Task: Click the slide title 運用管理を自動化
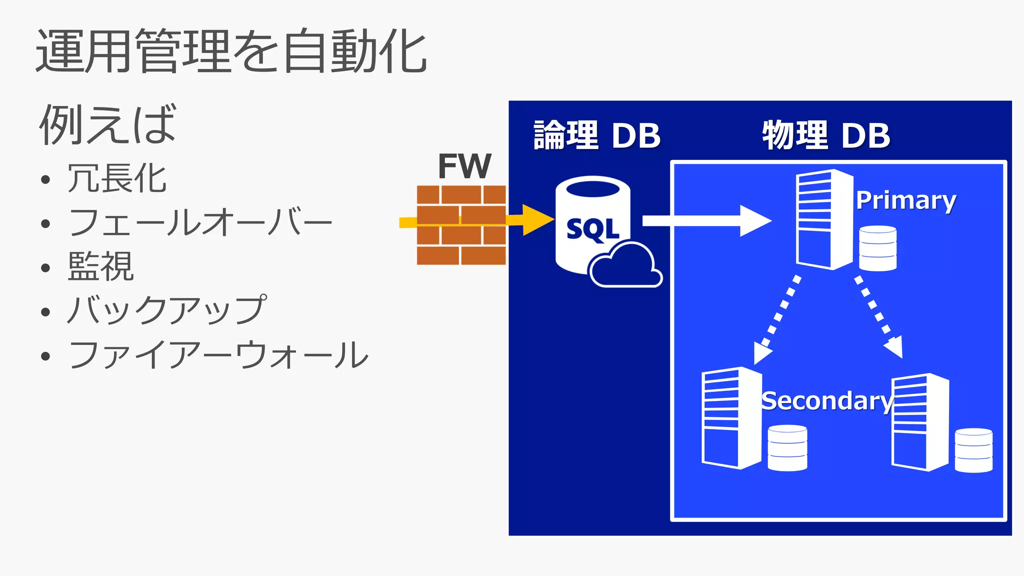(x=231, y=51)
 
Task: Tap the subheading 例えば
(x=107, y=125)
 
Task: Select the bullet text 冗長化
(x=117, y=178)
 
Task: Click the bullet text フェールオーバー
(x=200, y=222)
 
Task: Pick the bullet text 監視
(x=101, y=266)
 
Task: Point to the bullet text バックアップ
(x=167, y=310)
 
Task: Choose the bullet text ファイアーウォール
(x=218, y=355)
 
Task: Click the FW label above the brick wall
(x=464, y=166)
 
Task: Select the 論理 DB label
(x=597, y=135)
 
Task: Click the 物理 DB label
(x=826, y=135)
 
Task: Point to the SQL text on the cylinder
(x=592, y=230)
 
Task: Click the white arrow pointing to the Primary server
(x=706, y=221)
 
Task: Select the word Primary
(x=905, y=200)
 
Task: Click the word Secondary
(x=826, y=401)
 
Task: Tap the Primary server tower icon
(x=823, y=220)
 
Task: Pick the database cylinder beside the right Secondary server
(x=973, y=450)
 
